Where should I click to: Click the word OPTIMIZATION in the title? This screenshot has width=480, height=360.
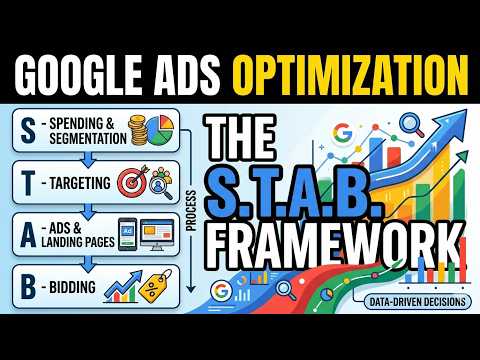[356, 72]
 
